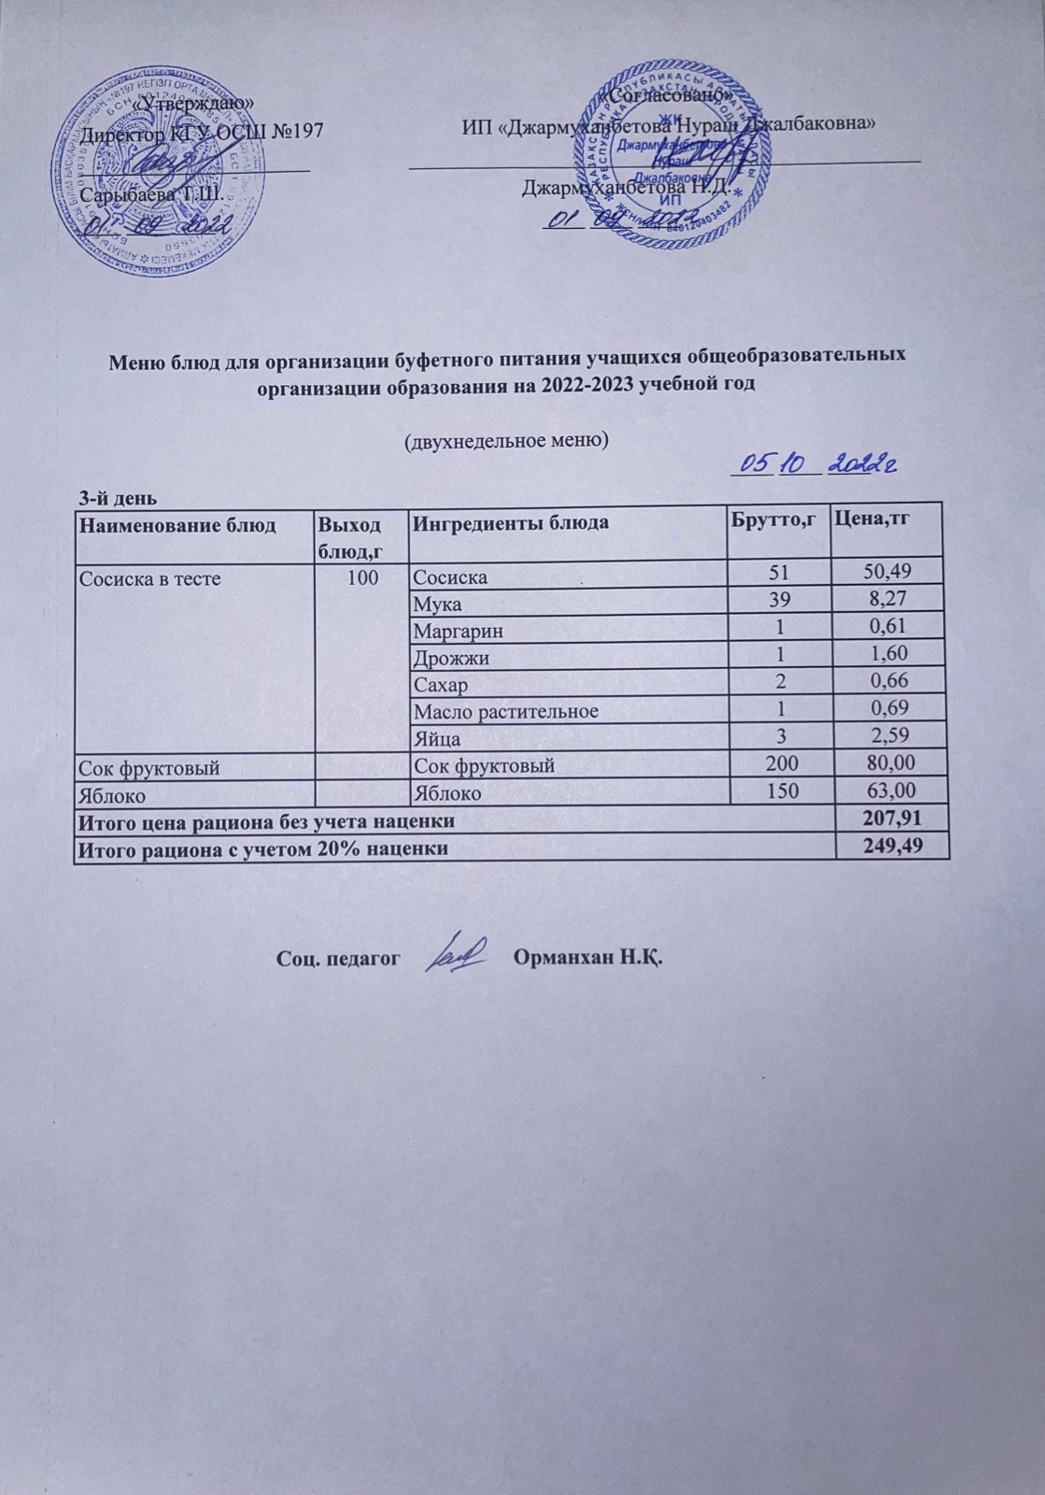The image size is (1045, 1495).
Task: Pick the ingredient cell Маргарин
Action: tap(459, 631)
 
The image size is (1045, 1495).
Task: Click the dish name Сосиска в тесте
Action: tap(149, 578)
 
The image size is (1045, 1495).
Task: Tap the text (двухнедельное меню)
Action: tap(505, 440)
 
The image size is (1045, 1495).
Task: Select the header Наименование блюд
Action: tap(177, 524)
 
